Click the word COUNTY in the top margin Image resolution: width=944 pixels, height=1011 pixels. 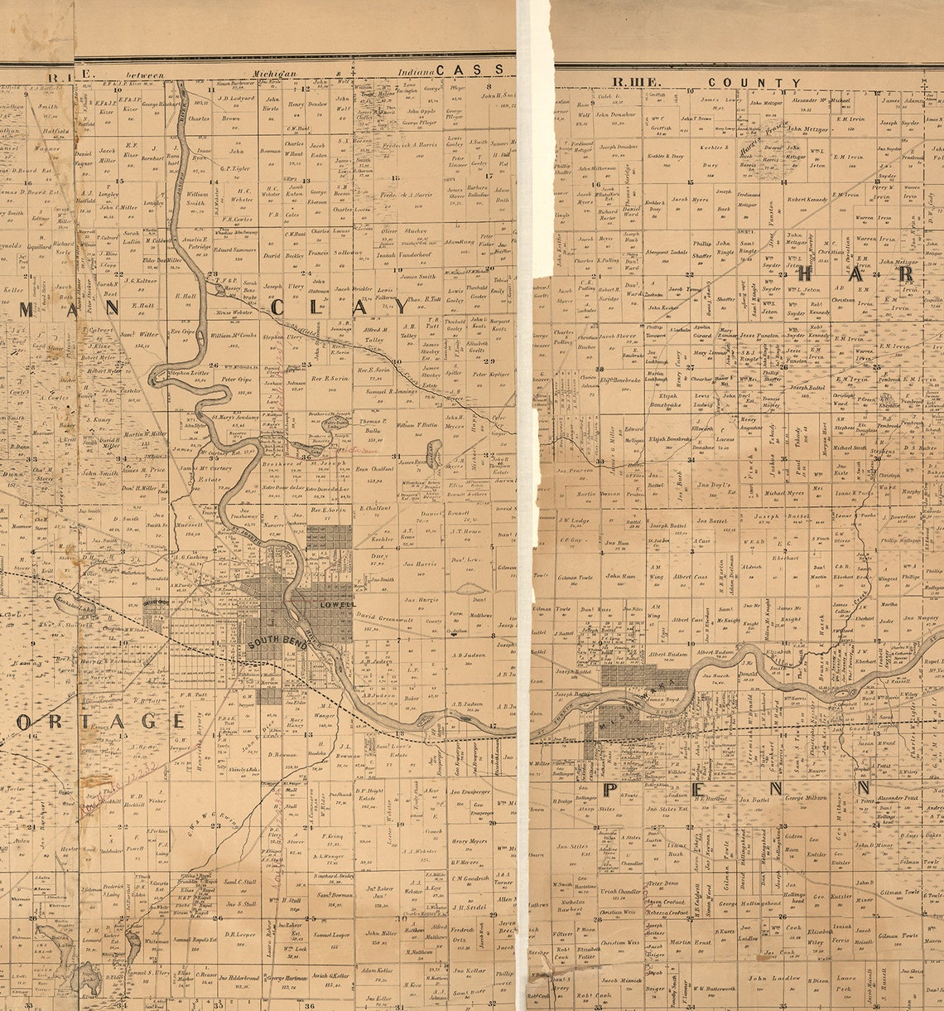pos(754,83)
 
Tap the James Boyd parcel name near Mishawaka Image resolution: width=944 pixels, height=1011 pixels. pos(662,699)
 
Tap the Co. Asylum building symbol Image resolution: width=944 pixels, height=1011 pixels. pos(455,631)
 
